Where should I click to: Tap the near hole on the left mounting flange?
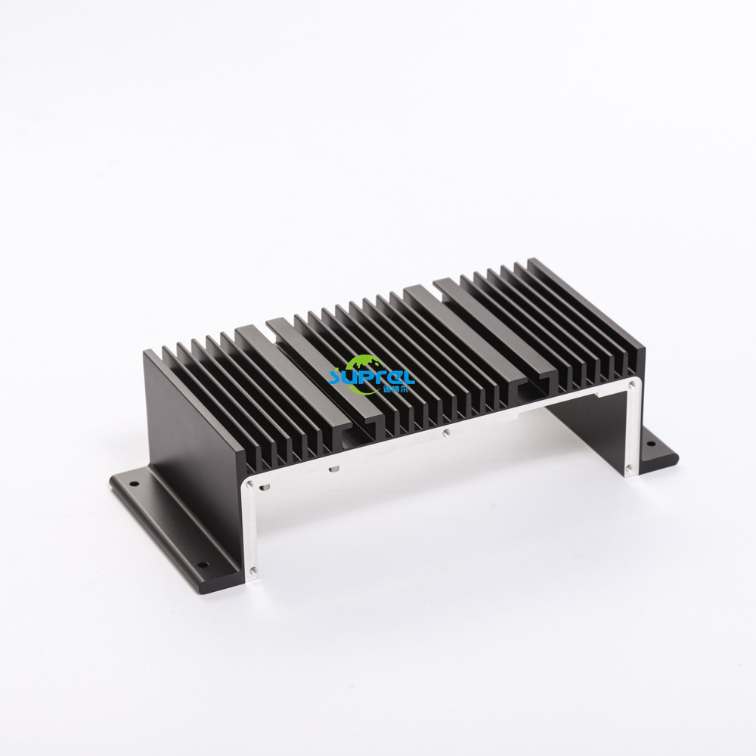coord(202,564)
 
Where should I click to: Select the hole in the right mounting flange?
coord(654,450)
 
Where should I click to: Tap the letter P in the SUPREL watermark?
coord(367,376)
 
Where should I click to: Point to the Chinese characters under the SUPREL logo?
coord(395,389)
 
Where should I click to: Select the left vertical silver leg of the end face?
coord(253,529)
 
